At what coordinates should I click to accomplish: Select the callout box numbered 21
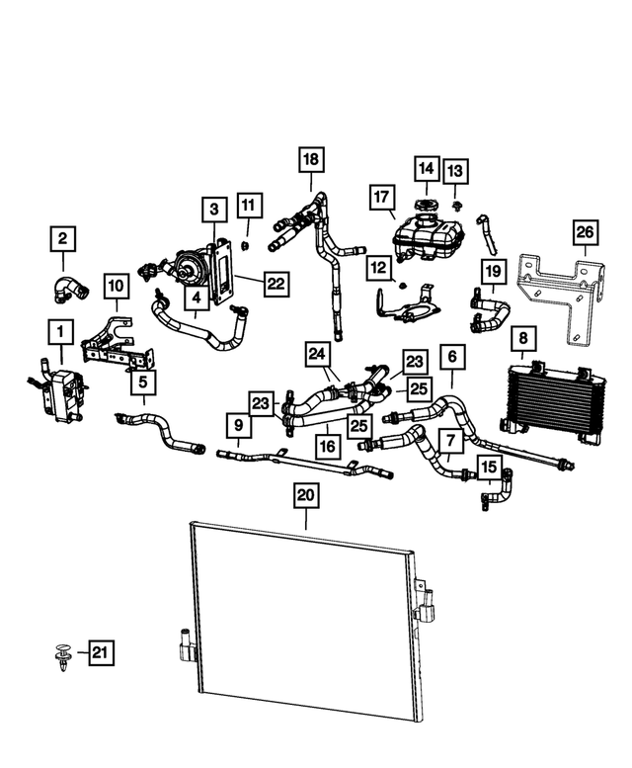(x=100, y=651)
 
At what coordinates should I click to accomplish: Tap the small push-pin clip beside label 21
(x=61, y=653)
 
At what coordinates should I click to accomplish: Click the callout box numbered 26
(x=584, y=233)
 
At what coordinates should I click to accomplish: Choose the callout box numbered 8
(x=522, y=339)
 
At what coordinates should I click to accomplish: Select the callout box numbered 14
(x=427, y=168)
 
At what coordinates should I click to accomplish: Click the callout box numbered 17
(x=382, y=198)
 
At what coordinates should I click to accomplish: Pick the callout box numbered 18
(x=311, y=158)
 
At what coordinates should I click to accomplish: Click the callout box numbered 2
(x=62, y=238)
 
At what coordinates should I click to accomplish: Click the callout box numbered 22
(x=275, y=284)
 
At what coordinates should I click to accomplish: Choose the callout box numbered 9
(x=238, y=427)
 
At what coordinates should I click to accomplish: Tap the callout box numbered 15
(x=489, y=466)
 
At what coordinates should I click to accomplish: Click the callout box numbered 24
(x=317, y=353)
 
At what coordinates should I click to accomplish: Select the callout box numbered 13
(x=455, y=172)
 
